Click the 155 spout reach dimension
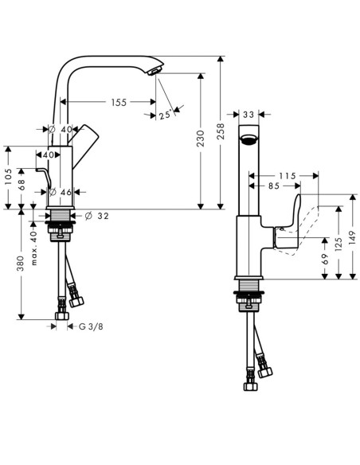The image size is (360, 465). click(x=119, y=102)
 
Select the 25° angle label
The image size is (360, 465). click(x=166, y=115)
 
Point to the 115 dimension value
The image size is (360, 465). click(x=287, y=175)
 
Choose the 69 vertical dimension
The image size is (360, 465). click(x=325, y=258)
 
